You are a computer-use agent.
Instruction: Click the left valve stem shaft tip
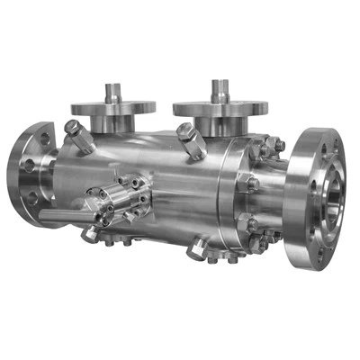click(x=112, y=88)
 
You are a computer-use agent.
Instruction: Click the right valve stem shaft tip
click(x=219, y=85)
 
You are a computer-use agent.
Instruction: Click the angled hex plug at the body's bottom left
click(x=91, y=233)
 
